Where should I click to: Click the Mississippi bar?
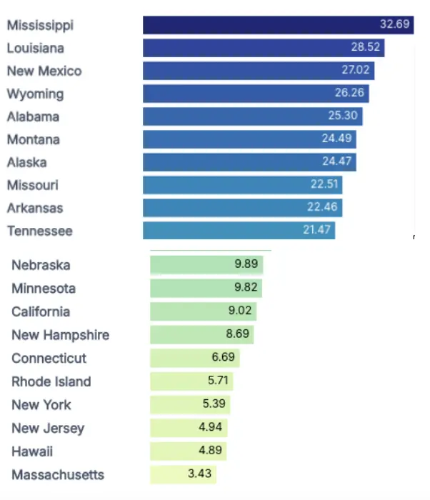click(x=278, y=25)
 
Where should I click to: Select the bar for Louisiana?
click(x=264, y=48)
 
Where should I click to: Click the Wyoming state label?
click(x=35, y=94)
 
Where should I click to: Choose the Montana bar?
click(x=249, y=139)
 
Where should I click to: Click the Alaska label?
click(x=27, y=162)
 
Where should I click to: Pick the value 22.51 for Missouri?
click(x=324, y=185)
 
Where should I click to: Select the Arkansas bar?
click(x=242, y=208)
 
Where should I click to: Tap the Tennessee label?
click(x=40, y=231)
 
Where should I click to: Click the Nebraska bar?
click(x=206, y=265)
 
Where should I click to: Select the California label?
click(x=41, y=311)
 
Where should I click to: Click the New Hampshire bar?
click(x=201, y=335)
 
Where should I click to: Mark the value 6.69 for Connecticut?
click(x=223, y=358)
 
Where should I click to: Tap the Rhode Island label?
click(x=51, y=381)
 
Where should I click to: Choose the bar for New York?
click(x=191, y=404)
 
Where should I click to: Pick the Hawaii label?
click(x=32, y=451)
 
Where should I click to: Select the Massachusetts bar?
click(x=183, y=474)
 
